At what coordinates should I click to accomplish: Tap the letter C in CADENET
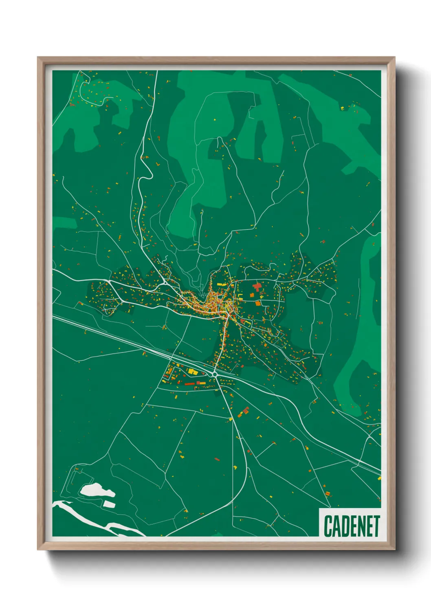coord(328,526)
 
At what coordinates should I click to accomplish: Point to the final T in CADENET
coord(376,526)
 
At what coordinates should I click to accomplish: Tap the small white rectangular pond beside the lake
coord(109,504)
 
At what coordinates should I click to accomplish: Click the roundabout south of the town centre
coord(215,374)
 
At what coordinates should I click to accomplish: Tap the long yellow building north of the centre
coord(222,284)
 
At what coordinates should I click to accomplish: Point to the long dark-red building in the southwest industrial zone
coord(190,383)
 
